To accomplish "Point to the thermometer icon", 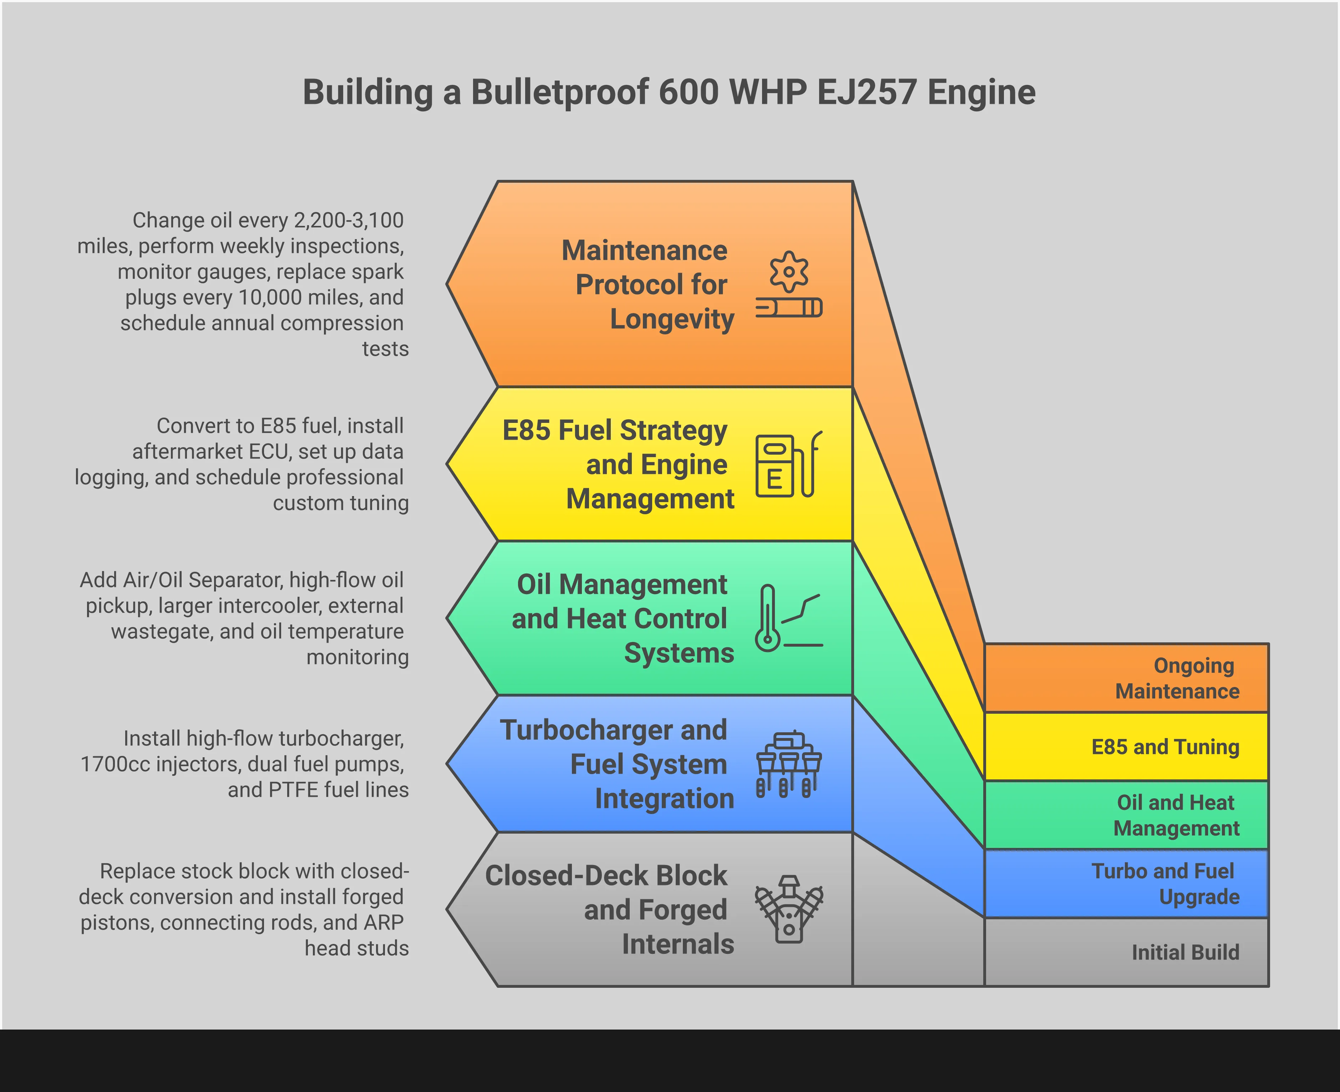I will tap(768, 618).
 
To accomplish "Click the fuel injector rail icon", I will tap(788, 764).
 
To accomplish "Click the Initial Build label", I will tap(1185, 952).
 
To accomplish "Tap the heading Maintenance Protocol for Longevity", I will tap(648, 284).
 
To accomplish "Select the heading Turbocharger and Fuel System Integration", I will tap(616, 764).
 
